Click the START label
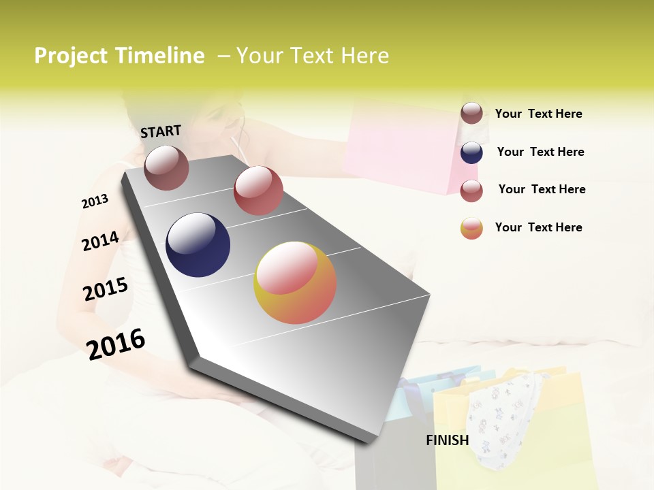161,131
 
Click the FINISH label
448,440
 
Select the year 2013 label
95,201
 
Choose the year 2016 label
116,344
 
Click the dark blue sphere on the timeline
198,245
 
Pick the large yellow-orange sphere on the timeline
295,282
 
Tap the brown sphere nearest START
166,167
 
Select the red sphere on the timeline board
258,191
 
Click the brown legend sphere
471,114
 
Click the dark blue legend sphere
471,152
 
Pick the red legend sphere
471,191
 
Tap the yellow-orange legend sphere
471,229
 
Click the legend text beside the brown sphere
538,114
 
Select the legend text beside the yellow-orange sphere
538,227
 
